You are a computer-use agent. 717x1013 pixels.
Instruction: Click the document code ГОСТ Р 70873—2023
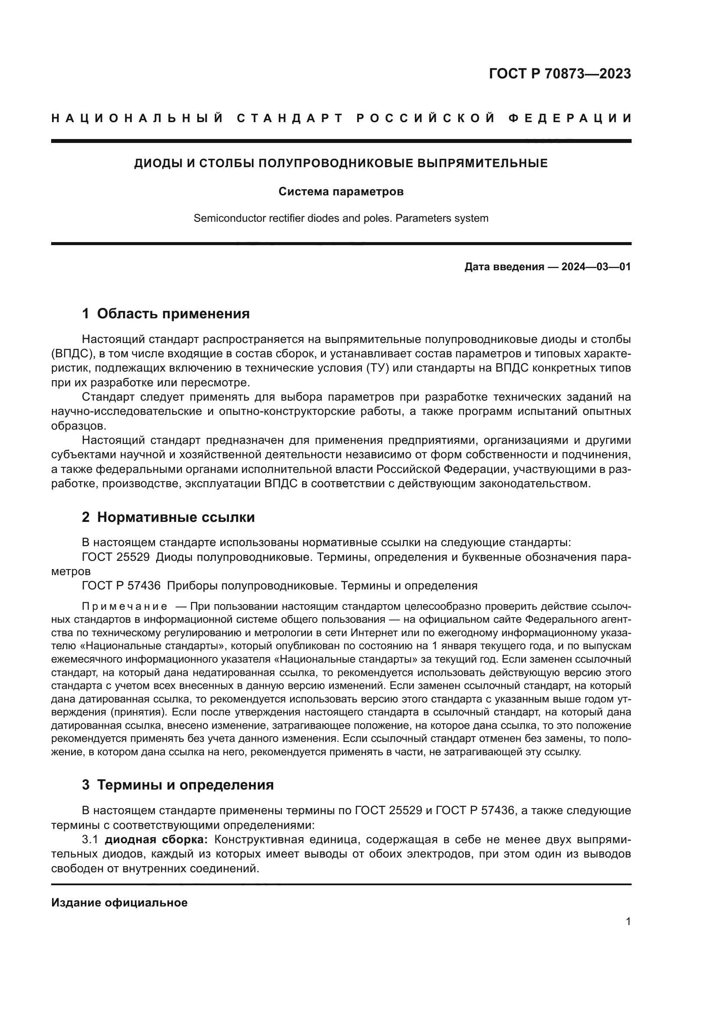(560, 74)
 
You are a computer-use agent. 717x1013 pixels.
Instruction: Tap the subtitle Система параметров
(341, 191)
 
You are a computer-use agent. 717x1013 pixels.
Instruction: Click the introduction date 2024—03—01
(596, 266)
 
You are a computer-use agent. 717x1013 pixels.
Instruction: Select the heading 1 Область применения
(166, 314)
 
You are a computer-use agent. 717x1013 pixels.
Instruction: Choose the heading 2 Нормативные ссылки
(168, 517)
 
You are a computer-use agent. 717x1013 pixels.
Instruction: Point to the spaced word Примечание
(124, 606)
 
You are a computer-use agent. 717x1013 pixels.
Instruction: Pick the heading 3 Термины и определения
(177, 785)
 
